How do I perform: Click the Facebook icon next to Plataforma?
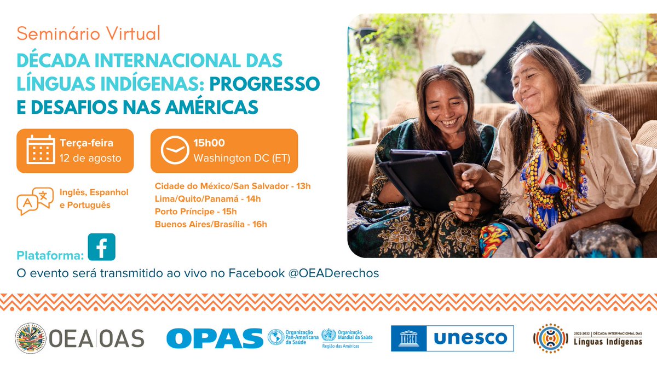point(101,247)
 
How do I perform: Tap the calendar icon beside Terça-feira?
point(41,150)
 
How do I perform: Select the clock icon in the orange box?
point(174,151)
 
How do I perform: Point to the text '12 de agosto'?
point(90,159)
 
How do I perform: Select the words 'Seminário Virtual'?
point(89,34)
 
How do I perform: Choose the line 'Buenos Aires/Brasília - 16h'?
point(211,224)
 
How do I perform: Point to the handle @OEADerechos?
point(333,273)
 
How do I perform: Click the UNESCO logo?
point(452,338)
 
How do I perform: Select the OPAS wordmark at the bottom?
point(215,338)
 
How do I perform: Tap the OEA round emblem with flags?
point(30,338)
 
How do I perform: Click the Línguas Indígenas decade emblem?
point(549,338)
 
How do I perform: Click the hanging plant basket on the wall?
point(468,57)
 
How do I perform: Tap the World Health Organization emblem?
point(328,335)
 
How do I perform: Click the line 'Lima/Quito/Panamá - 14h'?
point(208,199)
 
